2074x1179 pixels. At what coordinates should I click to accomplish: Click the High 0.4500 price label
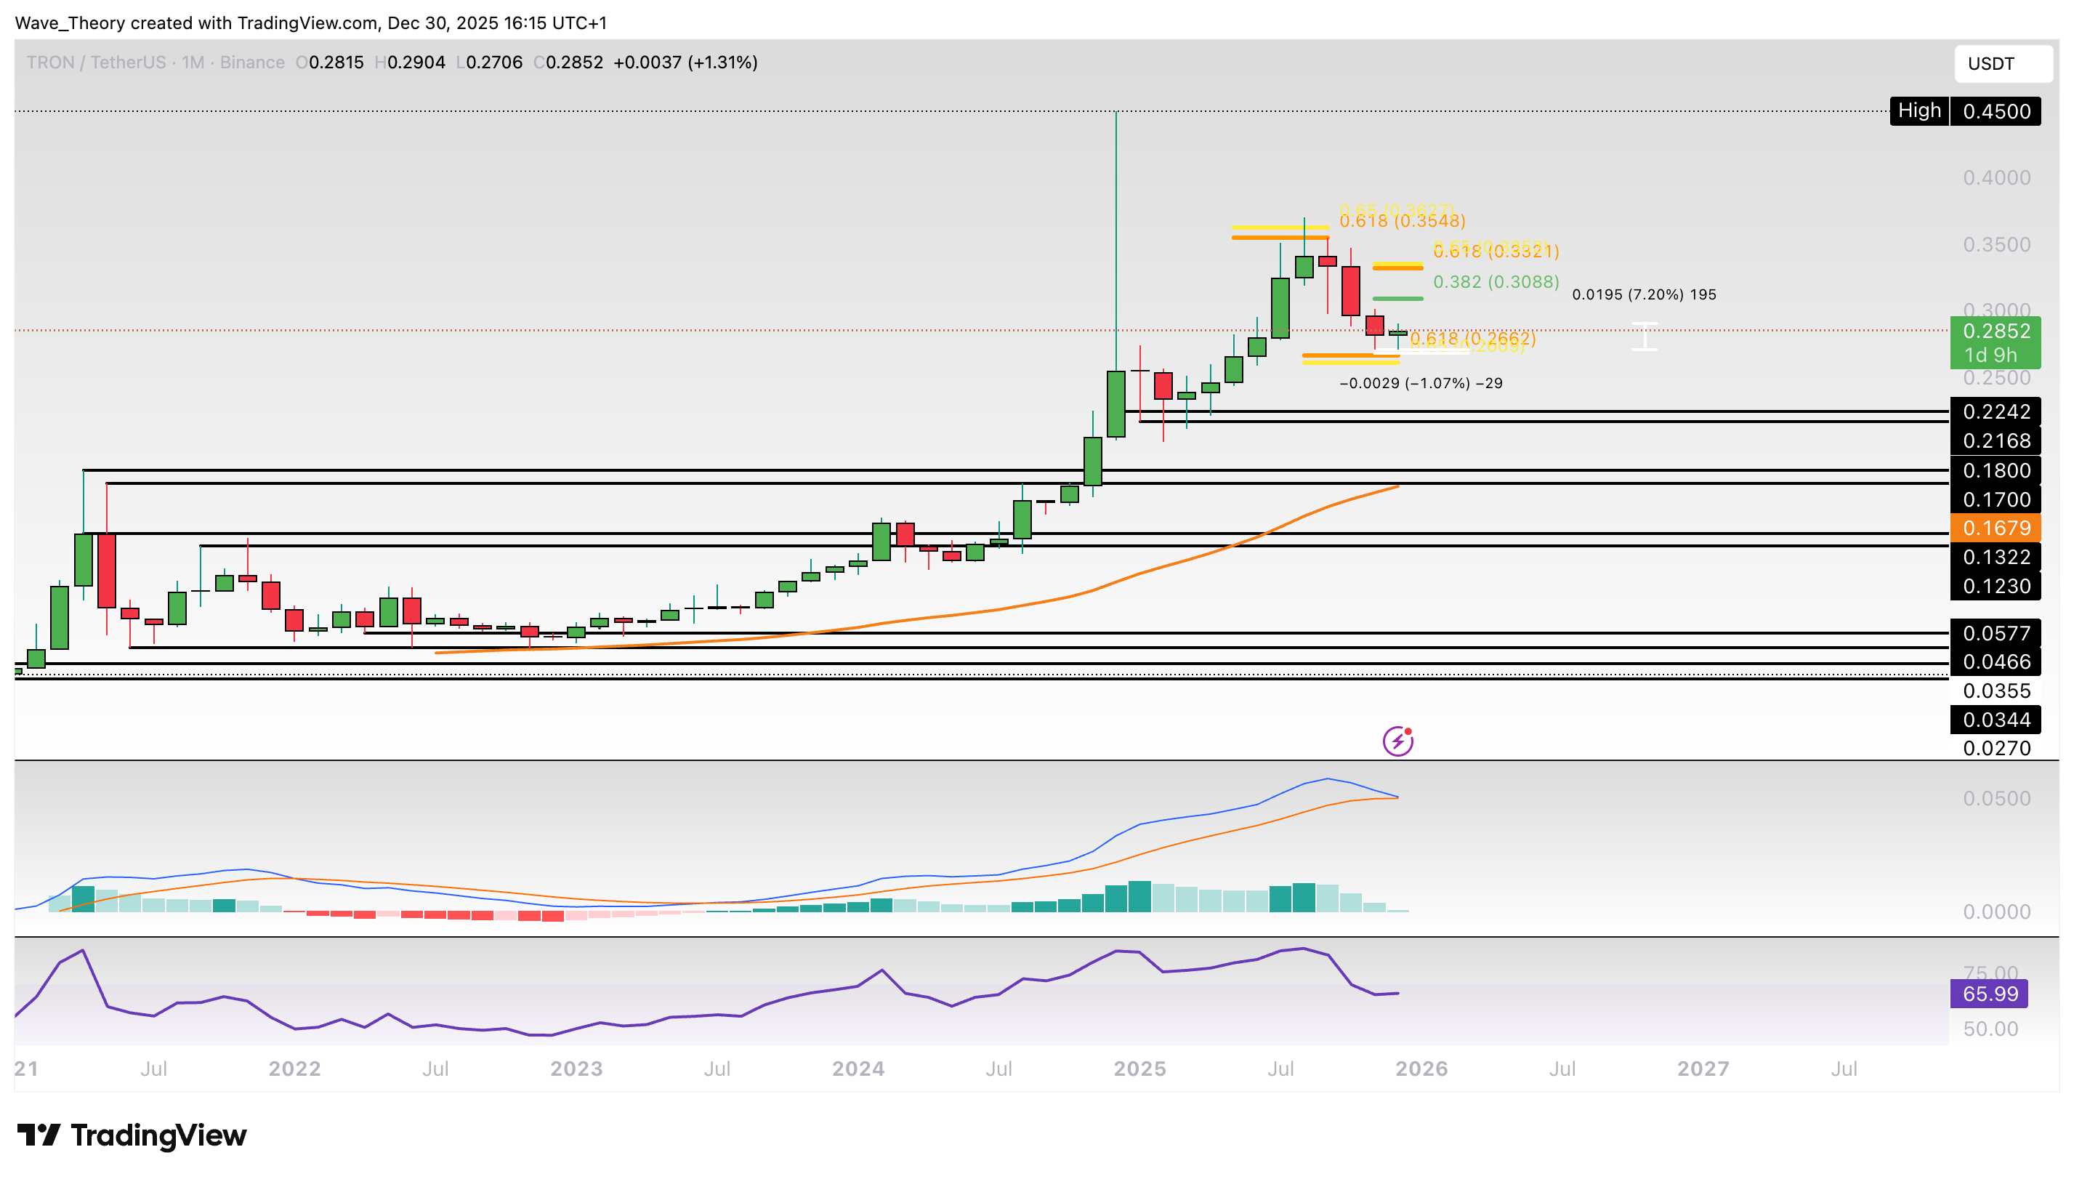pos(1965,111)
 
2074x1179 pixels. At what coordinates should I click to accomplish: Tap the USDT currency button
pos(2002,64)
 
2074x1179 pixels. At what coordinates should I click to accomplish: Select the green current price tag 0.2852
pos(1996,331)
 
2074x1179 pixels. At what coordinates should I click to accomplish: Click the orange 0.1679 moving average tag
pos(1996,528)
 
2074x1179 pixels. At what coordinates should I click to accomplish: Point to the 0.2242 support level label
pos(1996,411)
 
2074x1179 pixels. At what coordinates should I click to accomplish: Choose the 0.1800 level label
pos(1996,470)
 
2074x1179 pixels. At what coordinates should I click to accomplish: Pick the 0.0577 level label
pos(1996,633)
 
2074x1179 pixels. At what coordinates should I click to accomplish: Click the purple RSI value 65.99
pos(1989,994)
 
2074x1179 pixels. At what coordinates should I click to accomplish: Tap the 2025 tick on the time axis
pos(1139,1069)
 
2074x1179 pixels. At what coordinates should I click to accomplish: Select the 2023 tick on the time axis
pos(576,1069)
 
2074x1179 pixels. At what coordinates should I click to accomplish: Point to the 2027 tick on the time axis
pos(1703,1069)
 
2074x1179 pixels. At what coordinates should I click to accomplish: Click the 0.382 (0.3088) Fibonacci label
pos(1496,282)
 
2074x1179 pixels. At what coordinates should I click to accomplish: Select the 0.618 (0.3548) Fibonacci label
pos(1402,221)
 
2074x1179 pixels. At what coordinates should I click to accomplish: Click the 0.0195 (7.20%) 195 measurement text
pos(1643,295)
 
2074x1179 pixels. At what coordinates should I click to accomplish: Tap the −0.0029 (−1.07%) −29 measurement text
pos(1421,383)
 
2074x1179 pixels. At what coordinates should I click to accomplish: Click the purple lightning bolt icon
pos(1398,741)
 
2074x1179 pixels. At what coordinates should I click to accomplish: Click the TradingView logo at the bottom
pos(132,1135)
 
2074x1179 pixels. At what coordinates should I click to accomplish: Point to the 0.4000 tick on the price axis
pos(1996,177)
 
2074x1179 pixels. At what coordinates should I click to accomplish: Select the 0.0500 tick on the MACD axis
pos(1996,798)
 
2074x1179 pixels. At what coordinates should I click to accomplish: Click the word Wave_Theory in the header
pos(70,23)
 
